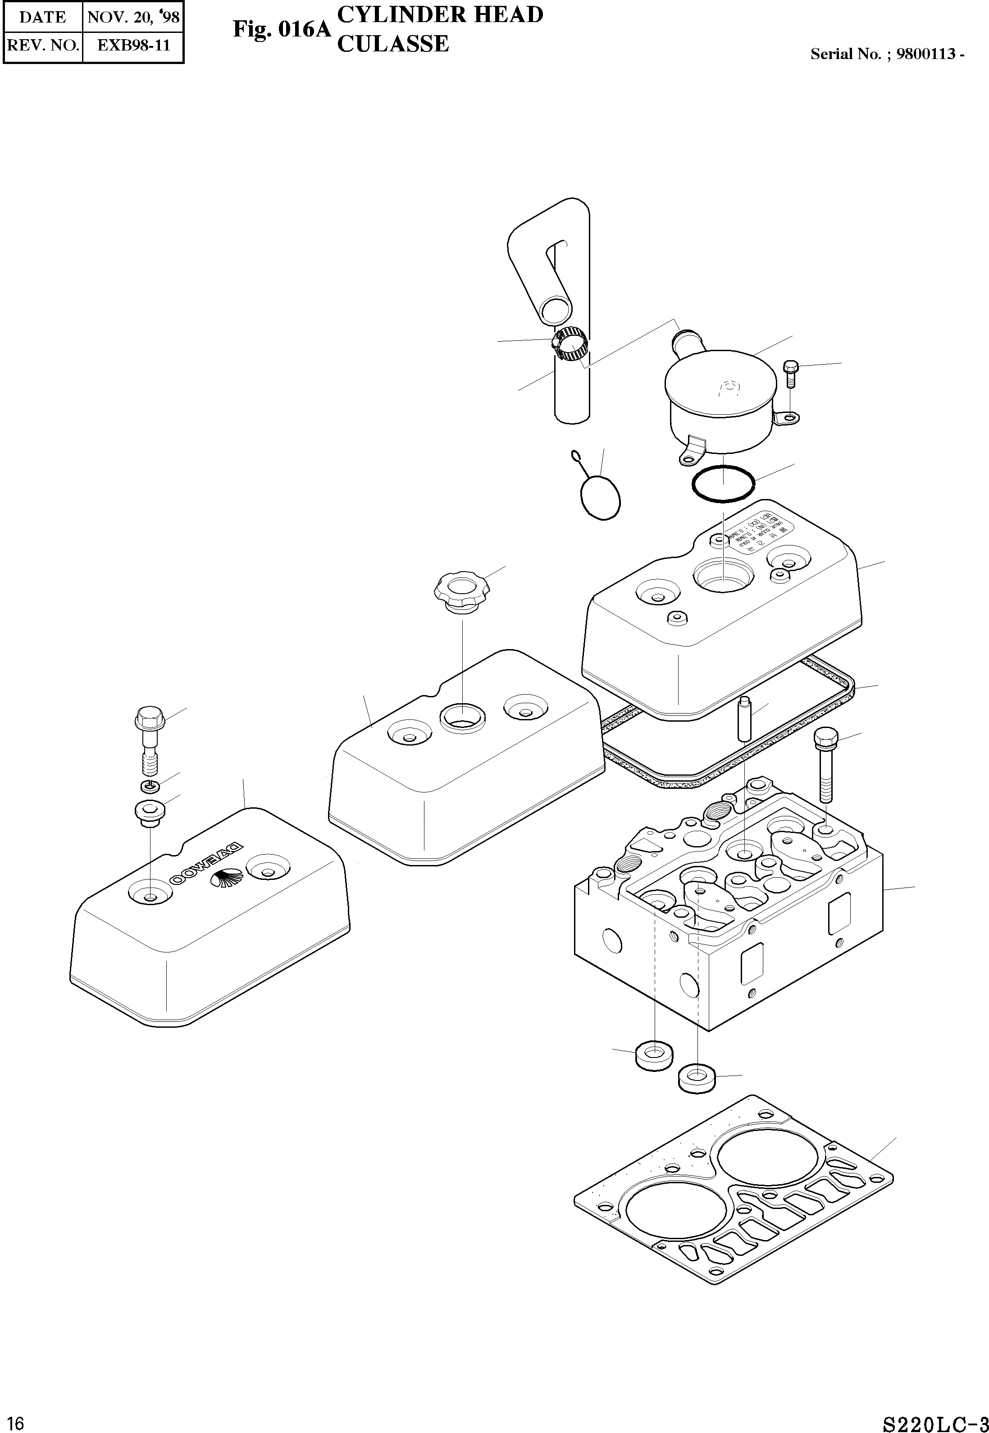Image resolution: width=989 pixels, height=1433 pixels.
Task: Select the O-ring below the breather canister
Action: pyautogui.click(x=723, y=483)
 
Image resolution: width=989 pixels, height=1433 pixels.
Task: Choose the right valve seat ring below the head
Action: pyautogui.click(x=697, y=1078)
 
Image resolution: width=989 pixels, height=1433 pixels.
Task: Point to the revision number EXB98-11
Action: pyautogui.click(x=133, y=45)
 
